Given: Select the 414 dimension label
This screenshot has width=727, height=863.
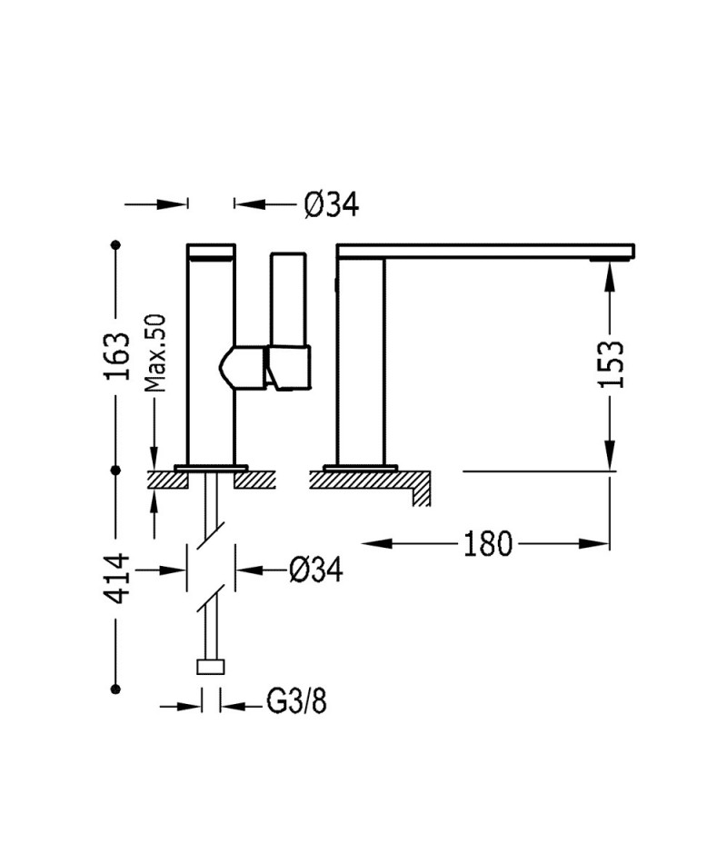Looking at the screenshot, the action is (x=117, y=579).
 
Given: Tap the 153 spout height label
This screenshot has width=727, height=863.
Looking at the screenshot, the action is (x=612, y=364).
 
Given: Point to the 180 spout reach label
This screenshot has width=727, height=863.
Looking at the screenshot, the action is (x=488, y=544).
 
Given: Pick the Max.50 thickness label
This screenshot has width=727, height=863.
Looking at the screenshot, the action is (x=154, y=352).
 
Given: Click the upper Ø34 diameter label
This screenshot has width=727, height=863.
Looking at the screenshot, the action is (x=332, y=204).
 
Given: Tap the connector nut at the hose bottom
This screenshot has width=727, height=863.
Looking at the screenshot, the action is (x=211, y=667).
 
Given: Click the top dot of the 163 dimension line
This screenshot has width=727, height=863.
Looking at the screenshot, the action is (x=115, y=243).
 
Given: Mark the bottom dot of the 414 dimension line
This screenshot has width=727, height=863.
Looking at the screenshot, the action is (x=115, y=689).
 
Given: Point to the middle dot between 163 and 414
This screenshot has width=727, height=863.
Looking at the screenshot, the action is (x=115, y=471).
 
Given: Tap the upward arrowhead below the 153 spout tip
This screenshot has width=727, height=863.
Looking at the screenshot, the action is (x=610, y=275).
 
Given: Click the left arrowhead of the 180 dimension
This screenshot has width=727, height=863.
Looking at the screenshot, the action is (x=377, y=544).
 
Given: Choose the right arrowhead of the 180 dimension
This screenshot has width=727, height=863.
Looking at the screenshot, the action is (x=593, y=544).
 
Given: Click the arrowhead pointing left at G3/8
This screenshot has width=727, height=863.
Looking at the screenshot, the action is (x=232, y=706).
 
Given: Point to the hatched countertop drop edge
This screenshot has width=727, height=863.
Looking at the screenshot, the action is (x=422, y=489).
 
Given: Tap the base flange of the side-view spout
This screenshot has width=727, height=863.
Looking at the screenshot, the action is (x=361, y=468).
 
